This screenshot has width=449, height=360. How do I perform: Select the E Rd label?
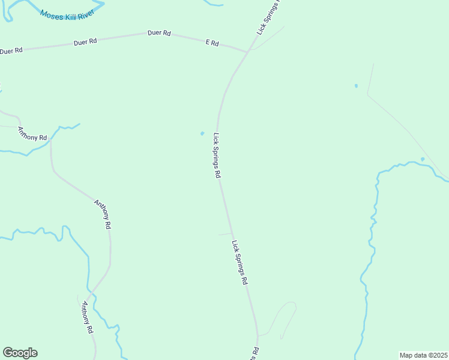tap(212, 43)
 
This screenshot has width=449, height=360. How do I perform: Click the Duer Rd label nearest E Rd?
tap(159, 33)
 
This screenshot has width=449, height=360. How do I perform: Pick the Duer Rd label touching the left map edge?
tap(11, 51)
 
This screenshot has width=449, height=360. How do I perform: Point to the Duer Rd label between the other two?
tap(85, 42)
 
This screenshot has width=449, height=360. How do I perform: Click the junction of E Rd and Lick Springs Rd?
tap(247, 52)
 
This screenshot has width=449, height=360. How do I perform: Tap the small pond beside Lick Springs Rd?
tap(202, 133)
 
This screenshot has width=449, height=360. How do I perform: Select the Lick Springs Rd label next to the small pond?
tap(217, 155)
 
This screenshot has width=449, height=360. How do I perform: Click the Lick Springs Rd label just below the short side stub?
tap(240, 262)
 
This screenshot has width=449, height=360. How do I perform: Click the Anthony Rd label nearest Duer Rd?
tap(32, 134)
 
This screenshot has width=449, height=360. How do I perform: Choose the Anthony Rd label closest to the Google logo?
tap(87, 318)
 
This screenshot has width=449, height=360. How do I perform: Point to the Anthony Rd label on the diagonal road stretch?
tap(103, 214)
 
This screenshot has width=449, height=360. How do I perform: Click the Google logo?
tap(20, 353)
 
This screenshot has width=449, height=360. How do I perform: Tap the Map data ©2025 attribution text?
tap(424, 355)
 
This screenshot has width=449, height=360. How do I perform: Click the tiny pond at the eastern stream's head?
tap(423, 159)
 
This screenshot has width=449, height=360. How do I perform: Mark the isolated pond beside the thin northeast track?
tap(356, 86)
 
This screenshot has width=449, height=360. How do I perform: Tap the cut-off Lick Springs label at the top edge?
tap(268, 16)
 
